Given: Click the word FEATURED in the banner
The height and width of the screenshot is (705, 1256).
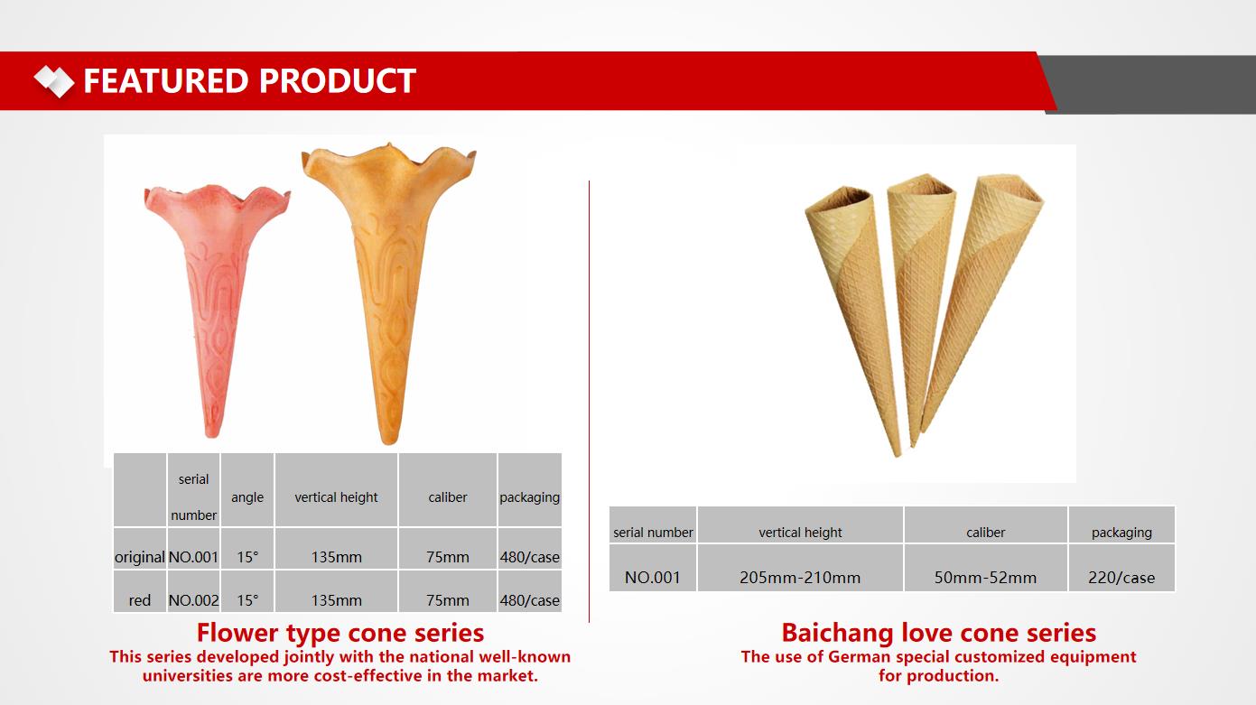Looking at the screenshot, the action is tap(166, 80).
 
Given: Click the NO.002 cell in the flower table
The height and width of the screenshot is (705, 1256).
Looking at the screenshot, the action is tap(193, 600).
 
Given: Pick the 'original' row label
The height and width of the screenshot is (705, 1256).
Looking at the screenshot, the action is tap(140, 557).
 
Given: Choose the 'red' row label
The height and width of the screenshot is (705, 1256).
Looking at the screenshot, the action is tap(140, 600).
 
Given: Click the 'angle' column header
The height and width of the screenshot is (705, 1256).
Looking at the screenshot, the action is tap(247, 497).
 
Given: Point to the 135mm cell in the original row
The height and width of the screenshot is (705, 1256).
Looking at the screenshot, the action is tap(337, 557).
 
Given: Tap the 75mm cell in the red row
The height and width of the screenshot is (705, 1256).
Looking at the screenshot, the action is tap(448, 600).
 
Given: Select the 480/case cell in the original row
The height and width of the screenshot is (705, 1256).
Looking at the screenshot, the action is tap(529, 557).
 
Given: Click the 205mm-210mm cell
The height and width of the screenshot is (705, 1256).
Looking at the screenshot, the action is tap(800, 577).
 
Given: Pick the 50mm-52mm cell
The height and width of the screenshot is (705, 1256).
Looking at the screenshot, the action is tap(985, 577).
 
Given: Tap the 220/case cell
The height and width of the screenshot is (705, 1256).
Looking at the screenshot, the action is tap(1121, 577).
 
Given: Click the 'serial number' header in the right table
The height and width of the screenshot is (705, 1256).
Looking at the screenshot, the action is tap(653, 533).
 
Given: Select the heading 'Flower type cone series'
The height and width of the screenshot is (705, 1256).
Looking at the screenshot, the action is tap(340, 633).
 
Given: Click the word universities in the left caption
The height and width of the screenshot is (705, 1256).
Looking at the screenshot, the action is tap(188, 676).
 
